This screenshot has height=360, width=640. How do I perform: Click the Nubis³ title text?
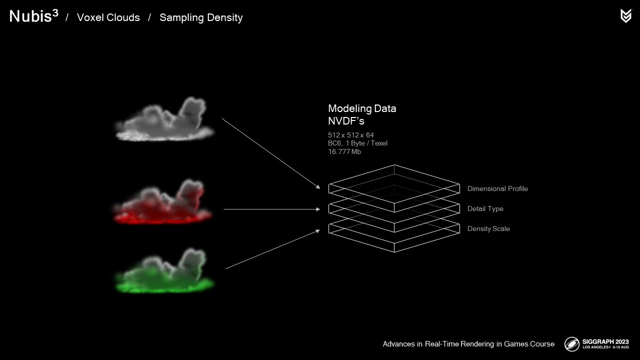(33, 16)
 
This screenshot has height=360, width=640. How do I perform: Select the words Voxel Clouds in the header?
(108, 17)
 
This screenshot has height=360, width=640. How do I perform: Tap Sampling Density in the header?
(201, 17)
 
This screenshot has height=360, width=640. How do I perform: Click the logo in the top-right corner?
(625, 16)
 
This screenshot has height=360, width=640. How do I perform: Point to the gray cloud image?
(165, 119)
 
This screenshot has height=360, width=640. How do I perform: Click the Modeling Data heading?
(362, 108)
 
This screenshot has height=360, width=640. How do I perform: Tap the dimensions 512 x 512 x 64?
(351, 135)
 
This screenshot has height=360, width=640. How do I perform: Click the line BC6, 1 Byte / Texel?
(357, 143)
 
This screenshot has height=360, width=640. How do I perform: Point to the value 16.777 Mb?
(344, 151)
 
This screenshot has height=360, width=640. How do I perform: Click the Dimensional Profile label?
(497, 188)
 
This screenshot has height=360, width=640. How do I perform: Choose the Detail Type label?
(485, 208)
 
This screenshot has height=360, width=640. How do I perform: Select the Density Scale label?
(488, 228)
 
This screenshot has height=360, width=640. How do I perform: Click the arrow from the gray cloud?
(270, 153)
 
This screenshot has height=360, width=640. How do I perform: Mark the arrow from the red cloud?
(271, 209)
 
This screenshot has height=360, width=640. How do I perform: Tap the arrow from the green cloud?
(272, 249)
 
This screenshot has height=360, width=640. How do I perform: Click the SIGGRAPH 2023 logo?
(596, 343)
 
